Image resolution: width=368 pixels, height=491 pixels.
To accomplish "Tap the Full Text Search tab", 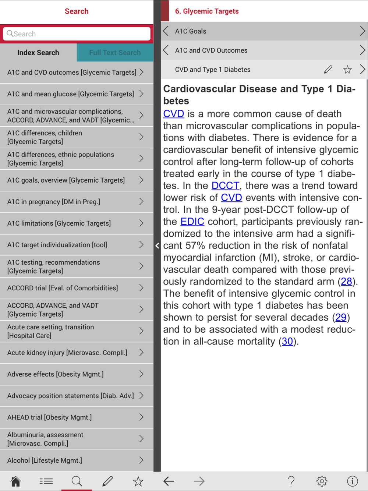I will click(x=115, y=53).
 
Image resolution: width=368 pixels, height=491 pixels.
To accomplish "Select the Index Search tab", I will click(x=38, y=53).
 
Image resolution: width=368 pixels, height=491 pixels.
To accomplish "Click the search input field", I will click(x=77, y=34).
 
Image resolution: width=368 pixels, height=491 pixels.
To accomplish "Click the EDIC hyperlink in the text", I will click(x=192, y=222).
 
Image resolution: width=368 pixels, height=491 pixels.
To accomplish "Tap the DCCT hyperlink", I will click(x=225, y=186).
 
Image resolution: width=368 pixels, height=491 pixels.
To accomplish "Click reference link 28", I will click(x=346, y=282).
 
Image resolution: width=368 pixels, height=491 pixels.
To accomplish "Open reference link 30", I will click(x=287, y=342).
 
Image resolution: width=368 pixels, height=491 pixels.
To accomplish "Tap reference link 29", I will click(x=341, y=318).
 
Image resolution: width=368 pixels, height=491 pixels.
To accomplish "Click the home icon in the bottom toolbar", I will click(x=15, y=481).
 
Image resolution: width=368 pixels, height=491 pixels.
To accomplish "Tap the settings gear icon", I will click(x=322, y=481).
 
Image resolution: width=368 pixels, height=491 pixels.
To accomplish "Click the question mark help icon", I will click(x=291, y=481).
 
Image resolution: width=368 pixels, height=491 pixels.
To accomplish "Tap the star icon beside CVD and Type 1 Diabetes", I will click(x=347, y=70).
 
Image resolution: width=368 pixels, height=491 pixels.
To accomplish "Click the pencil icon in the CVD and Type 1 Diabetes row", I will click(x=328, y=70).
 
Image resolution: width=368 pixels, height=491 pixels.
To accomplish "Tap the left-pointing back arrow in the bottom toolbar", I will click(x=169, y=481).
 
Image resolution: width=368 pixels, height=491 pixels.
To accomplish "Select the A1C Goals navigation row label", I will click(x=191, y=31).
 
